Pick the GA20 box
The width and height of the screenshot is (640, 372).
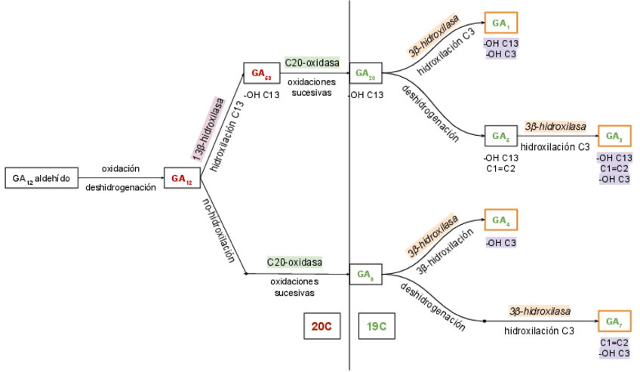366,73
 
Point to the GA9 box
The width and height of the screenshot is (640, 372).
366,273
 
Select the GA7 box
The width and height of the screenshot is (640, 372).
613,321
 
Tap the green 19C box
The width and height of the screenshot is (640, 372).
378,326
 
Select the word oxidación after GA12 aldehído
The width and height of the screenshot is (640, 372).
121,169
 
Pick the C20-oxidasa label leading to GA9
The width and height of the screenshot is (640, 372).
294,262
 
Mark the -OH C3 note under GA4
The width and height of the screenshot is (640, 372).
500,242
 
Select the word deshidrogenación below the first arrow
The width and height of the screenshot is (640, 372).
121,187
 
